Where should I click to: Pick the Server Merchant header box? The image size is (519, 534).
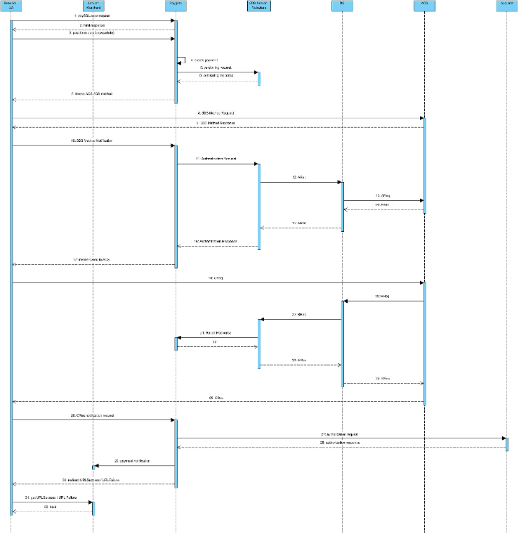[x=93, y=6]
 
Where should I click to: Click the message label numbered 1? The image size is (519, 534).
[x=93, y=15]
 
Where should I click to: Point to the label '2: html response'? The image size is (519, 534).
[x=93, y=25]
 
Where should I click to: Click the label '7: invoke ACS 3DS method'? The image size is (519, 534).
[x=93, y=93]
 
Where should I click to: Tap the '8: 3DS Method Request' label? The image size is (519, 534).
[x=218, y=112]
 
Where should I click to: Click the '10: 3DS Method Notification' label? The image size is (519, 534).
[x=93, y=141]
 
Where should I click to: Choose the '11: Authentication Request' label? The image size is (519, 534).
[x=217, y=159]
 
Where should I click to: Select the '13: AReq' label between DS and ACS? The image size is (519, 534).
[x=383, y=195]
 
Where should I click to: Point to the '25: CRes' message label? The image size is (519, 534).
[x=218, y=398]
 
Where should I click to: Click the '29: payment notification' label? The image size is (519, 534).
[x=133, y=461]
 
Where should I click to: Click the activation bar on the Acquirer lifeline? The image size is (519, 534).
[x=507, y=444]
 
